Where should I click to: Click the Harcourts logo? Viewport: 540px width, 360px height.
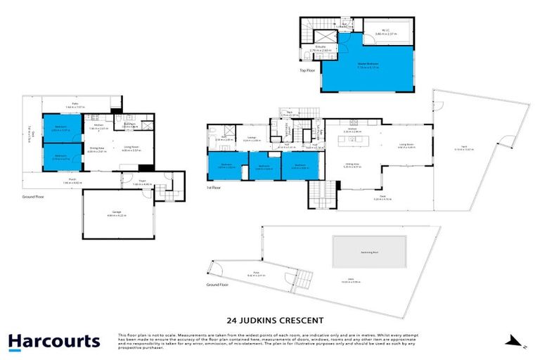tap(53, 342)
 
